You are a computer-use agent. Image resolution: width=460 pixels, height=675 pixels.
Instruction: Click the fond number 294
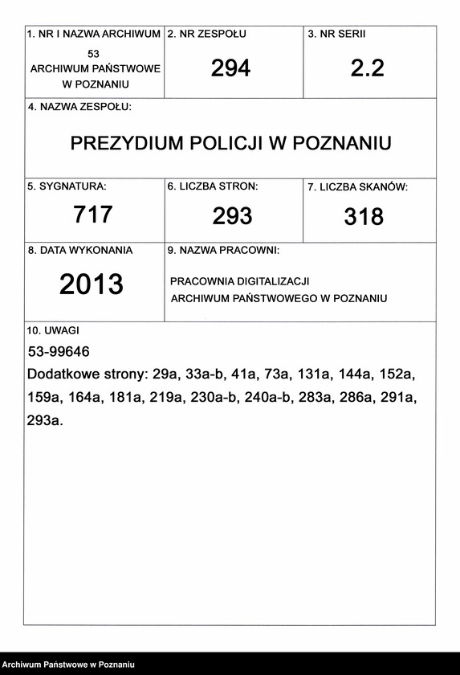pos(230,68)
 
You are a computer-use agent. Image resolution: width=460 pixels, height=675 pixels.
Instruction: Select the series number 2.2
pos(367,68)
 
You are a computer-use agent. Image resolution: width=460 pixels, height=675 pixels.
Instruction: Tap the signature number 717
pos(93,215)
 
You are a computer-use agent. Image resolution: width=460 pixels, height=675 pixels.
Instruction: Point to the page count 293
pos(232,215)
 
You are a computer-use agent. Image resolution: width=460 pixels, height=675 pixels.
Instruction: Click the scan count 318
pos(364,216)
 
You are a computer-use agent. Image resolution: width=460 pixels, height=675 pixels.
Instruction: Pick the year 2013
pos(92,284)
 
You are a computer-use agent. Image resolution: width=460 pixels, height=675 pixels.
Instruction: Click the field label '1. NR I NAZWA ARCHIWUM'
pos(94,35)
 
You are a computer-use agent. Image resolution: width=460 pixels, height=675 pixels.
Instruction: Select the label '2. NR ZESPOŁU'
pos(206,35)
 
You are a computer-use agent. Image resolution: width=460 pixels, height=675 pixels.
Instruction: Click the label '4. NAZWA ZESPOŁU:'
pos(79,108)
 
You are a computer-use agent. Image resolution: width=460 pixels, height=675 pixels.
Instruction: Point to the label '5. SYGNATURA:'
pos(67,186)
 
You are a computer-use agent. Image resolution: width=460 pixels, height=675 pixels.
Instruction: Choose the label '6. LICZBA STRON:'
pos(213,186)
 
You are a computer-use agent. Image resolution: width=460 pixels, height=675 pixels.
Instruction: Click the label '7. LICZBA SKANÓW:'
pos(358,187)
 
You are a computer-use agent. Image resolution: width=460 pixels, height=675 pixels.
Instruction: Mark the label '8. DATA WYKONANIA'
pos(80,251)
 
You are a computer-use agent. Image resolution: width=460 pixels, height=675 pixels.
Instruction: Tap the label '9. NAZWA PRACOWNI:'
pos(223,251)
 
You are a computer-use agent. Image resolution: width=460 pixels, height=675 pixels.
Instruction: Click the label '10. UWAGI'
pos(53,330)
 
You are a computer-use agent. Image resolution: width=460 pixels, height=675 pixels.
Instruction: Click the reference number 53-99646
pos(59,352)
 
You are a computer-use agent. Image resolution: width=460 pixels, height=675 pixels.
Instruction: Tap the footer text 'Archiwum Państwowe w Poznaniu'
pos(68,665)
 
